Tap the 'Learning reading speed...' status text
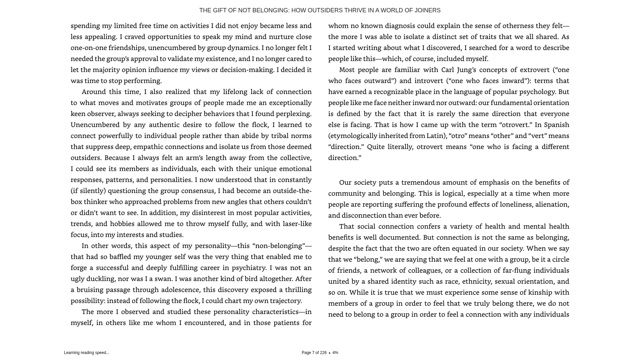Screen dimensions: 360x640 point(87,353)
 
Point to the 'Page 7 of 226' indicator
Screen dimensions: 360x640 point(314,353)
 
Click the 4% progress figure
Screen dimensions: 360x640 point(335,353)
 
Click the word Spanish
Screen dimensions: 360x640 point(557,125)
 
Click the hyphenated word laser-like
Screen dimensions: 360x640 point(297,224)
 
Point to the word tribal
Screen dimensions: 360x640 point(280,136)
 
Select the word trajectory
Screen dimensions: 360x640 point(285,301)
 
